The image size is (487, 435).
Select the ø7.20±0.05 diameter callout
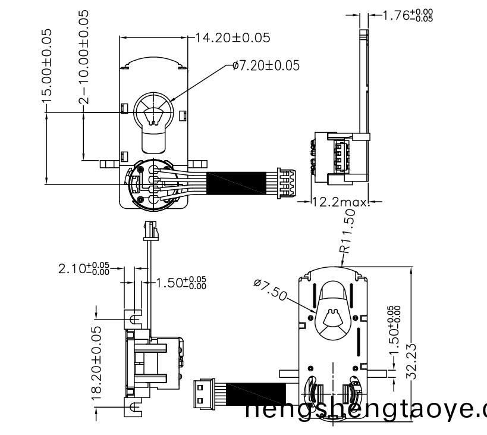[x=266, y=65]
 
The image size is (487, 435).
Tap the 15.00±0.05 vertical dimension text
[x=46, y=65]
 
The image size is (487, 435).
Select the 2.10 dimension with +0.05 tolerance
[x=84, y=268]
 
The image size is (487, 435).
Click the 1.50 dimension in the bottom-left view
[x=181, y=282]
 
